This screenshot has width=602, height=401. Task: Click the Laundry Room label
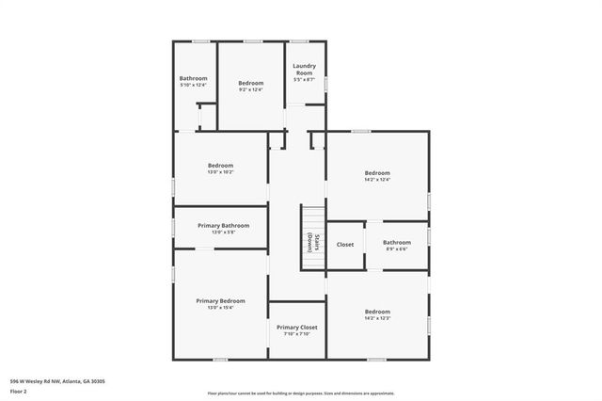pyautogui.click(x=304, y=69)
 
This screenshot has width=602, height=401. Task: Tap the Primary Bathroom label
pyautogui.click(x=223, y=226)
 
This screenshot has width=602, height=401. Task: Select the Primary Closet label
pyautogui.click(x=297, y=327)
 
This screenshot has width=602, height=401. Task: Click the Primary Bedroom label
pyautogui.click(x=220, y=300)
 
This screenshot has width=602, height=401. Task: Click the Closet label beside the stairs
pyautogui.click(x=345, y=245)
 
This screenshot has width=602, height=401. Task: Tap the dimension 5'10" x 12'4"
pyautogui.click(x=193, y=85)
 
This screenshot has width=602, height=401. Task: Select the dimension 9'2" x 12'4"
pyautogui.click(x=250, y=89)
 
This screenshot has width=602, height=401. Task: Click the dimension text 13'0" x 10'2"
pyautogui.click(x=220, y=172)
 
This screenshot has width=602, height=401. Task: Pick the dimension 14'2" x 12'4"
pyautogui.click(x=377, y=180)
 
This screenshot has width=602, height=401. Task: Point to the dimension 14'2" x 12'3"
pyautogui.click(x=377, y=318)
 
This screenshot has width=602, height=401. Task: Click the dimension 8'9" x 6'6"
pyautogui.click(x=396, y=249)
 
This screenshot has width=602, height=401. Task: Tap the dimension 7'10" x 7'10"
pyautogui.click(x=297, y=334)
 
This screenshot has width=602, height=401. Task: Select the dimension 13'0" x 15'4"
pyautogui.click(x=220, y=308)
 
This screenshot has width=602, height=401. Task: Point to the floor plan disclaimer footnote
pyautogui.click(x=300, y=393)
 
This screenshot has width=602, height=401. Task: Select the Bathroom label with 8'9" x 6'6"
pyautogui.click(x=396, y=242)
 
